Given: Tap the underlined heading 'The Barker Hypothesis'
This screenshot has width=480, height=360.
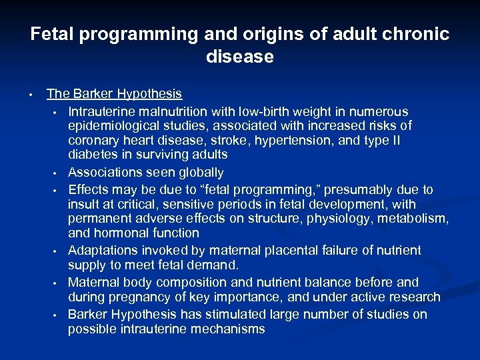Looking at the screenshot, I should tap(115, 94).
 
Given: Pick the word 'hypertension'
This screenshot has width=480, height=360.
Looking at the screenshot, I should tap(301, 141).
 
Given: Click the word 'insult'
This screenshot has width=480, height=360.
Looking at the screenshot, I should tap(83, 204).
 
